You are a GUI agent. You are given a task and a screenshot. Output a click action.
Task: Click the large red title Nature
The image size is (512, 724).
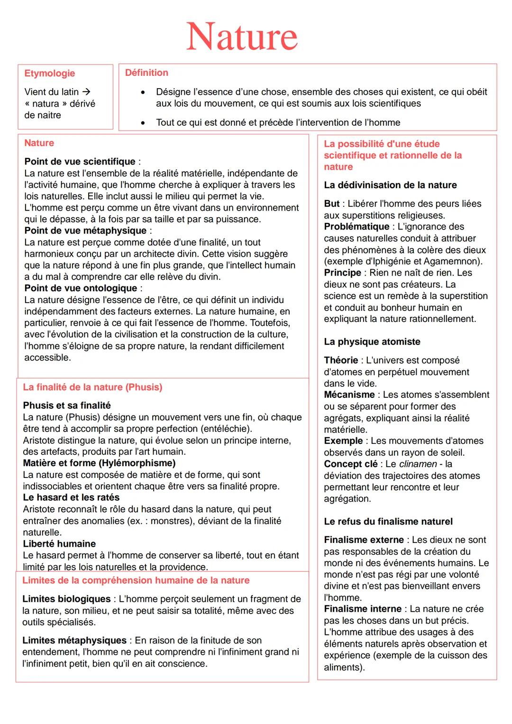click(x=242, y=37)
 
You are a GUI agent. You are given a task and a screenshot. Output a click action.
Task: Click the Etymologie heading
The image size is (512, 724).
click(x=49, y=73)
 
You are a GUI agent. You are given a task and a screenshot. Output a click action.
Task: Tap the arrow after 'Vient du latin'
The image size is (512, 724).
click(x=86, y=92)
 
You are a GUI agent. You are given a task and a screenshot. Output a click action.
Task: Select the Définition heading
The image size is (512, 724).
click(x=146, y=73)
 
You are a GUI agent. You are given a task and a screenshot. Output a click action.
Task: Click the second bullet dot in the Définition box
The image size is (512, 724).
click(x=142, y=123)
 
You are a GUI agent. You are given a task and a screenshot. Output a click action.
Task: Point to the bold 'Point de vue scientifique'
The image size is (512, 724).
click(x=80, y=162)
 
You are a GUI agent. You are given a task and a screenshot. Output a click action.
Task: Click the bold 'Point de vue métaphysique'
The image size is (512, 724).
click(x=85, y=231)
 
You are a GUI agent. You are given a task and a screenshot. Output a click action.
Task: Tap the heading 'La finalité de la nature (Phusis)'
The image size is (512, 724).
click(x=92, y=387)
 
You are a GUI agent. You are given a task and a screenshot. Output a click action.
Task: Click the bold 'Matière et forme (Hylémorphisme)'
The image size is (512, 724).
click(x=99, y=463)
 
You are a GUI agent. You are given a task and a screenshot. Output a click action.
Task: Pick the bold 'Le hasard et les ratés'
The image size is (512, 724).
click(x=71, y=497)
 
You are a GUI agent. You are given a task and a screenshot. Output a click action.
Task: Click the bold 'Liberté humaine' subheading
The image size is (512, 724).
click(x=59, y=544)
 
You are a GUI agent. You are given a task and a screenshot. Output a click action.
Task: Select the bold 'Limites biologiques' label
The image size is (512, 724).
click(x=66, y=599)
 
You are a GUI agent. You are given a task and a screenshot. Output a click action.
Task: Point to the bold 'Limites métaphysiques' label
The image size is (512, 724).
click(x=74, y=641)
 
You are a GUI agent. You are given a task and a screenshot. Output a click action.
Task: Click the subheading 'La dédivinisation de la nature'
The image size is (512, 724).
click(x=390, y=185)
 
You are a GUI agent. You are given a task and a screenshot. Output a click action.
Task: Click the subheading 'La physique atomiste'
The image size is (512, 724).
click(x=372, y=342)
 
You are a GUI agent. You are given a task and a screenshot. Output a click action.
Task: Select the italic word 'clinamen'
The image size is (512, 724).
click(x=417, y=464)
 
